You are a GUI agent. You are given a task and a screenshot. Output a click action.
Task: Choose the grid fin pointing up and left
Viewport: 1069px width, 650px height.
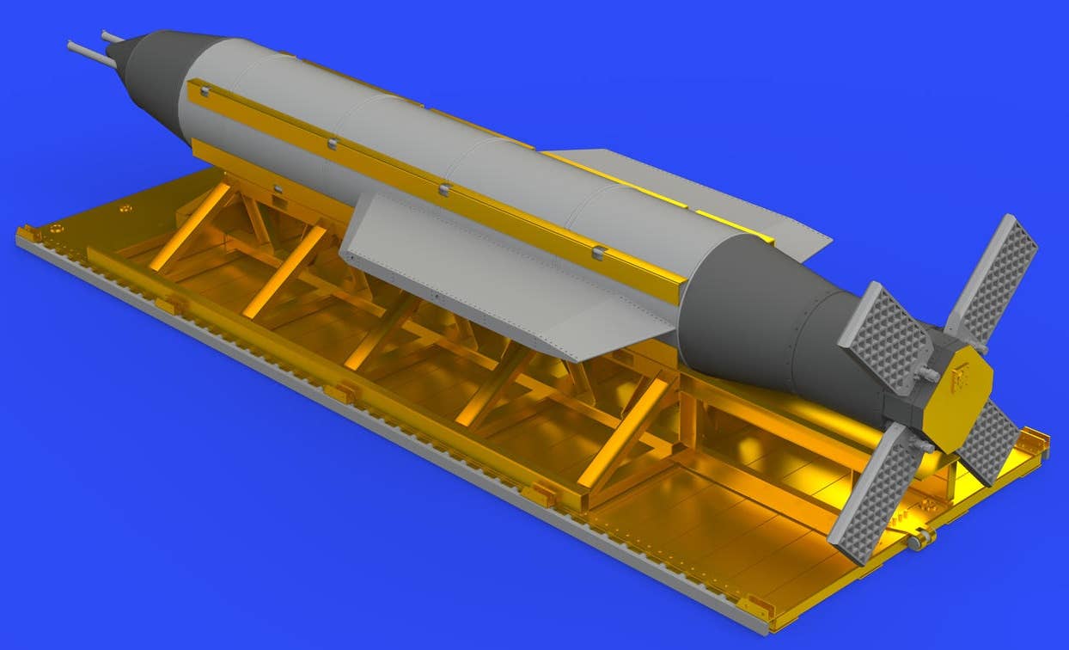tap(885, 336)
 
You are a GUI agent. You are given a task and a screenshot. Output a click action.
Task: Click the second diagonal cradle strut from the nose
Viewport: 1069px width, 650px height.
tap(284, 271)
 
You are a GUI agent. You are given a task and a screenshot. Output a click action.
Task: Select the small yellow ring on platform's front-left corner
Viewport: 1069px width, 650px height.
tap(56, 228)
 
